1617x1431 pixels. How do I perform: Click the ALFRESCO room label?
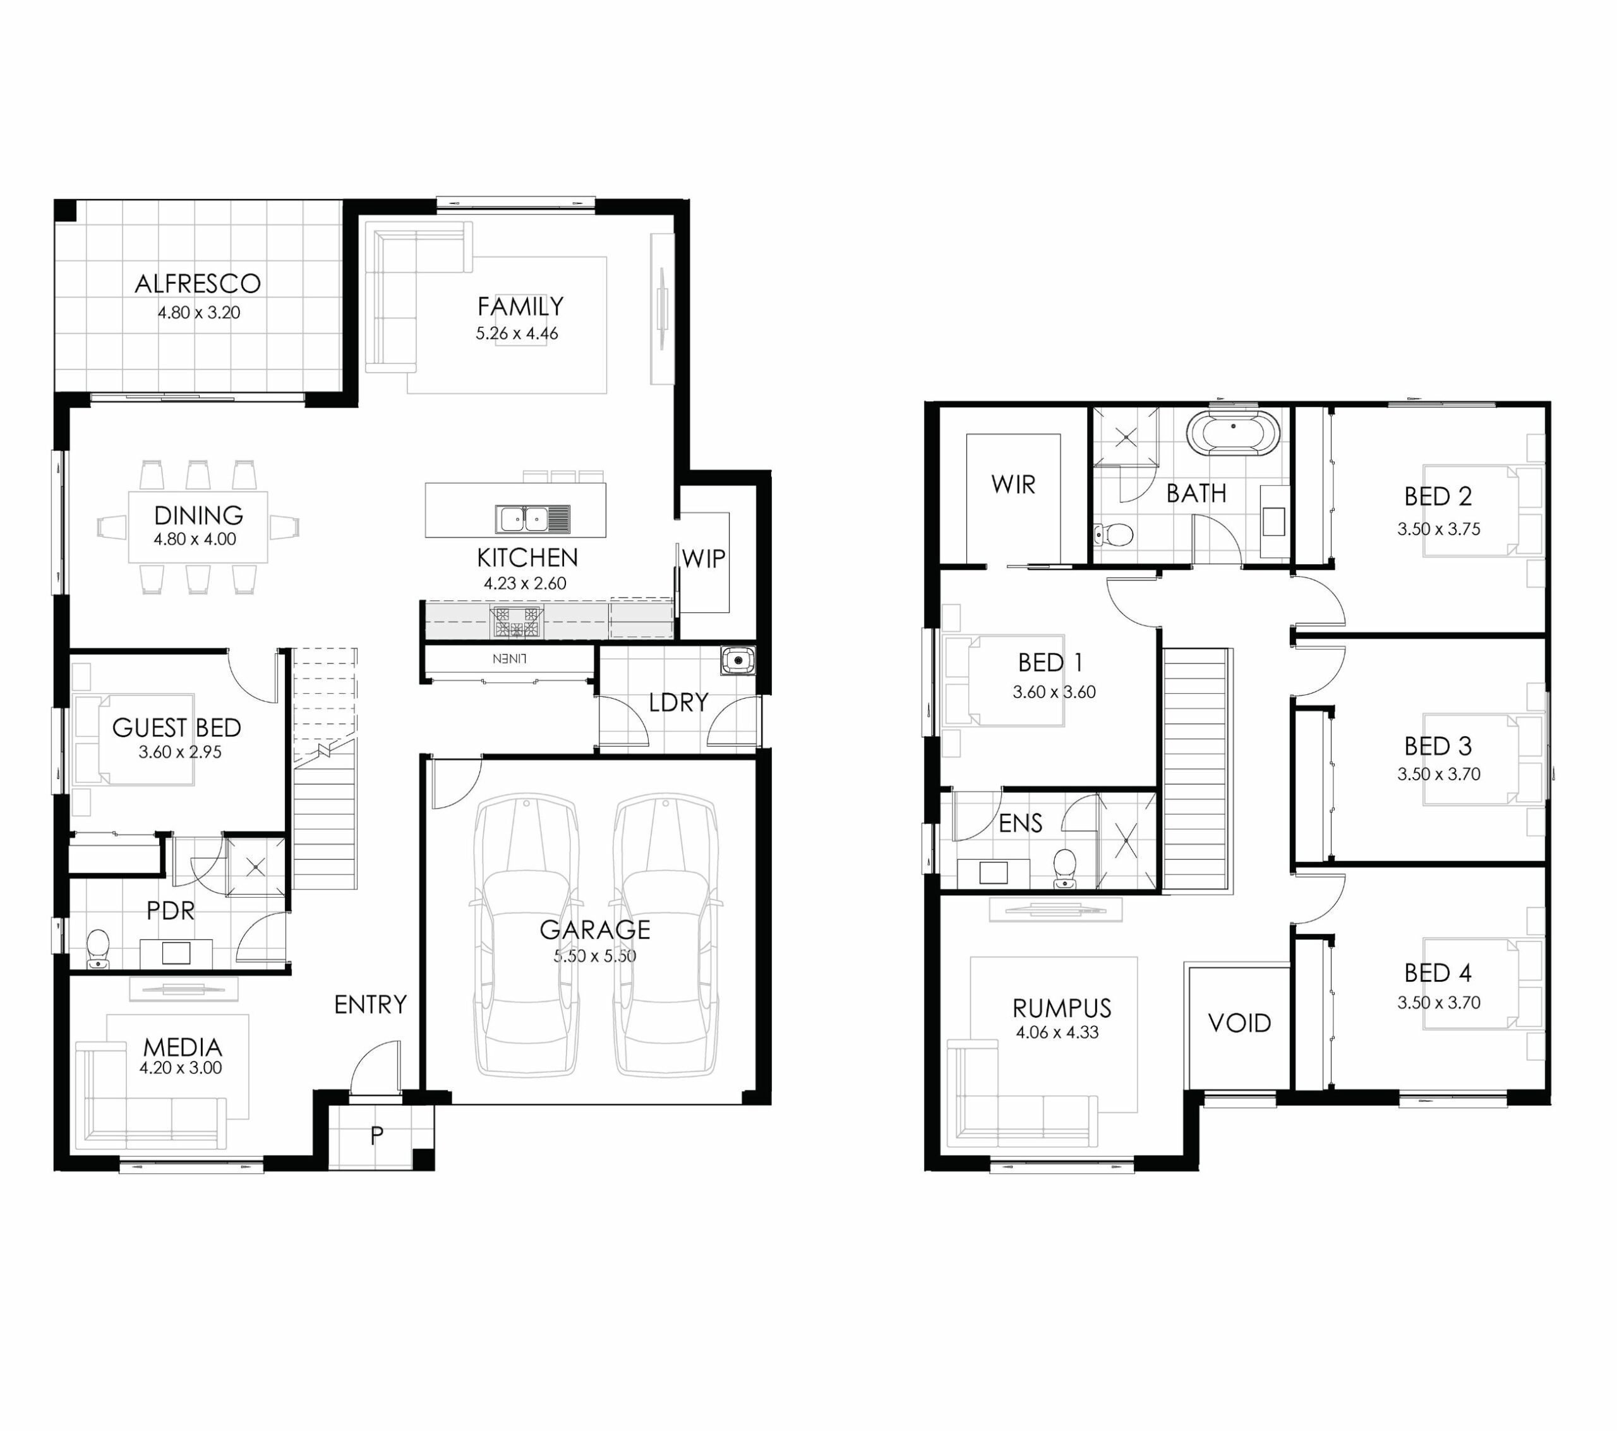tap(198, 283)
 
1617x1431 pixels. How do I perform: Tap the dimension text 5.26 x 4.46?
tap(517, 333)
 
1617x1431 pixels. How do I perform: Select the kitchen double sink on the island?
tap(532, 519)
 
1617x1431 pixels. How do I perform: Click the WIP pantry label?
tap(703, 559)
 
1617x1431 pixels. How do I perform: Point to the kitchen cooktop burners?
tap(517, 622)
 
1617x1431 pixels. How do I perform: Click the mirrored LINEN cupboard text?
tap(510, 658)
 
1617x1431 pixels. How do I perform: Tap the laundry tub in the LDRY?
tap(737, 660)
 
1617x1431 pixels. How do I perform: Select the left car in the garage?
tap(526, 936)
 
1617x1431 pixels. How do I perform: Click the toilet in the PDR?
tap(97, 948)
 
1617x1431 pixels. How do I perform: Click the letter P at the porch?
tap(376, 1135)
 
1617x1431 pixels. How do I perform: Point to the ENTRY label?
tap(370, 1005)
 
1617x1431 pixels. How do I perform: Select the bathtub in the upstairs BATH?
tap(1232, 433)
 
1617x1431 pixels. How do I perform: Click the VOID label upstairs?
tap(1240, 1023)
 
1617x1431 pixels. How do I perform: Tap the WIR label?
tap(1013, 485)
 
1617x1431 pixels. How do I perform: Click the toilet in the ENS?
tap(1065, 868)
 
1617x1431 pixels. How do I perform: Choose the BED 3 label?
tap(1438, 746)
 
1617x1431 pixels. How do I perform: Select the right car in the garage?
tap(665, 936)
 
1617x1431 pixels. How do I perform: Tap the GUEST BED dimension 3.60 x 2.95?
tap(181, 752)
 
